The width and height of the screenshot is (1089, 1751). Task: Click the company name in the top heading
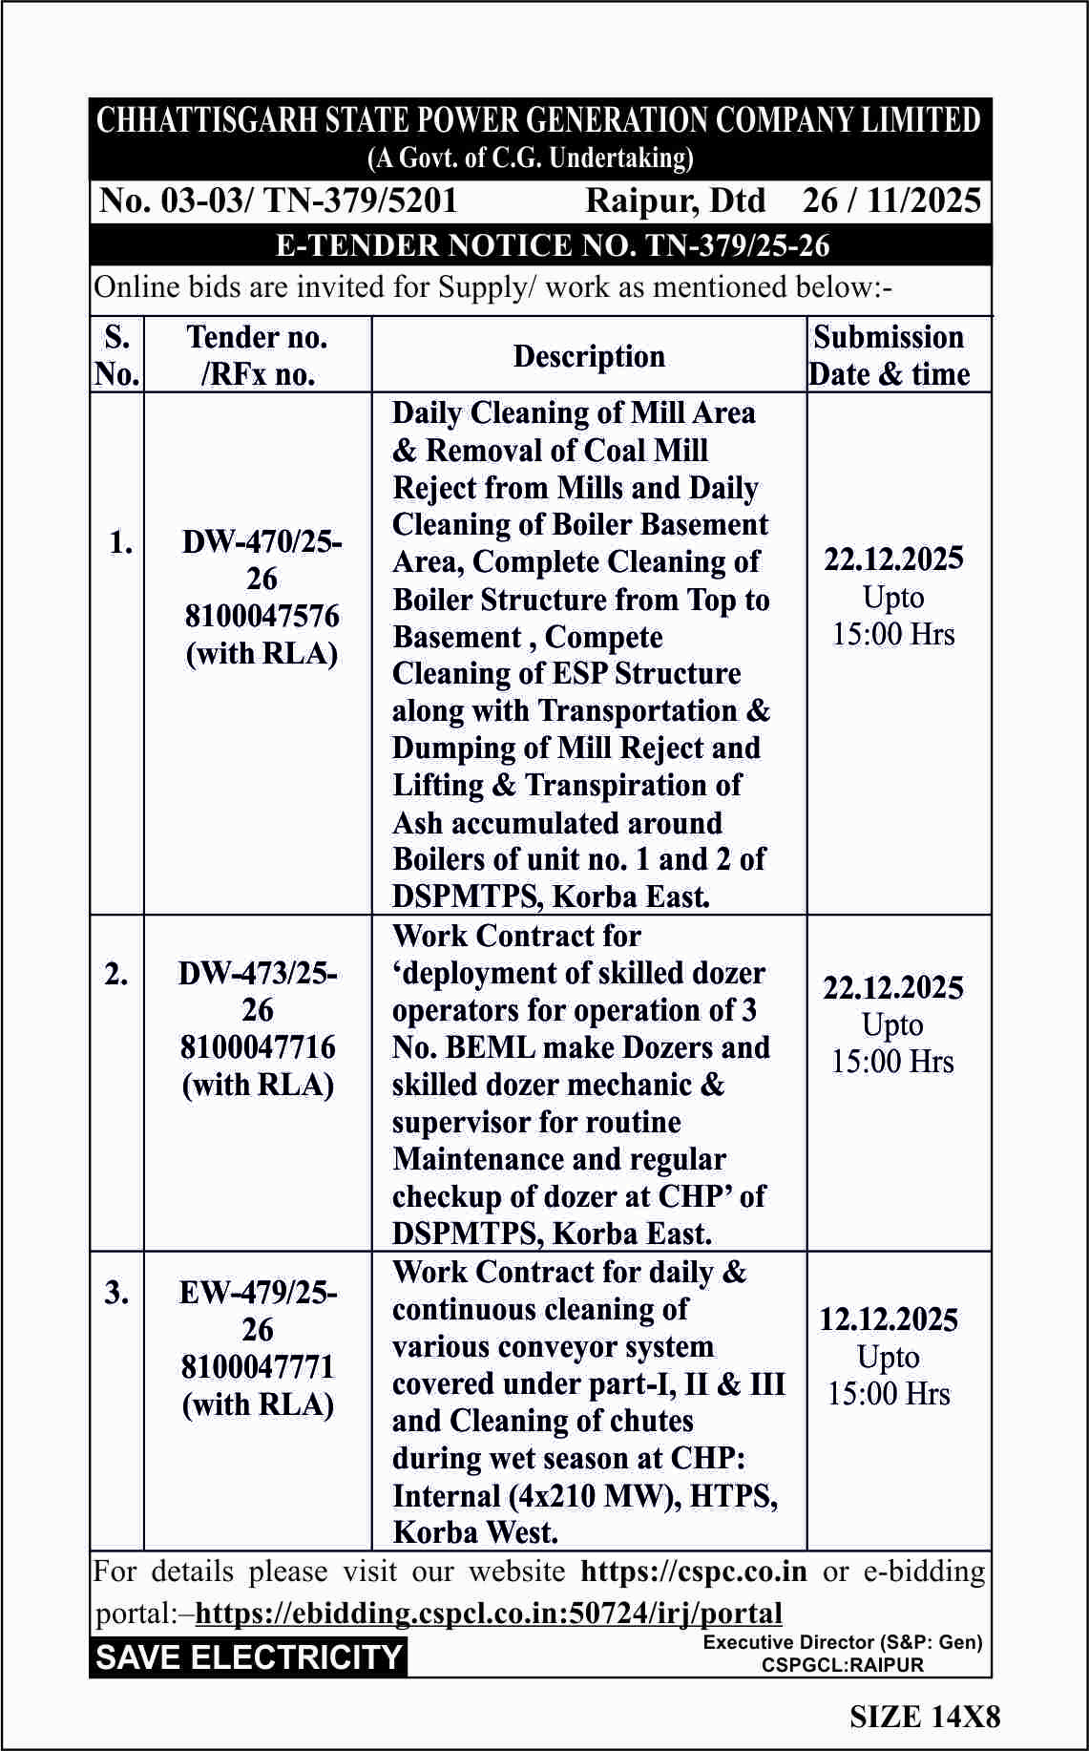539,120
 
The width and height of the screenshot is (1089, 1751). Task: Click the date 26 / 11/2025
891,201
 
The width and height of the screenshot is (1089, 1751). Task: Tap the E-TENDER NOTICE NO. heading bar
553,245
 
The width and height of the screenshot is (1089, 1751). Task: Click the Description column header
589,356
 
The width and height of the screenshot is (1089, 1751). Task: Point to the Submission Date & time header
890,355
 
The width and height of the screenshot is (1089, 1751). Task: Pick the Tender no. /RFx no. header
258,355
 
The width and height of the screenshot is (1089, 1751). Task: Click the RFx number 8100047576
262,616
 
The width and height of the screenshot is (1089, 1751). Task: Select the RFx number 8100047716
258,1047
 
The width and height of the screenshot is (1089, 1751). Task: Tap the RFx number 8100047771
258,1366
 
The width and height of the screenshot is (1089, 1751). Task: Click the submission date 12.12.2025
889,1319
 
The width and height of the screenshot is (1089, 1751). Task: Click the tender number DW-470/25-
262,541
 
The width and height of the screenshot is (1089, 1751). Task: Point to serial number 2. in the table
116,974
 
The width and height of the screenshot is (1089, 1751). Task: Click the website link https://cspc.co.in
693,1571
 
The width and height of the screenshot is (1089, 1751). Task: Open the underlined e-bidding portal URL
489,1613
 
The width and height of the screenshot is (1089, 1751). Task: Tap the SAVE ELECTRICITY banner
249,1656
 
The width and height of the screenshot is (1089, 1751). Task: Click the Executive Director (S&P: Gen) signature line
843,1642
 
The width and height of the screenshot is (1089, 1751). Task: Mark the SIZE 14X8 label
925,1717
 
